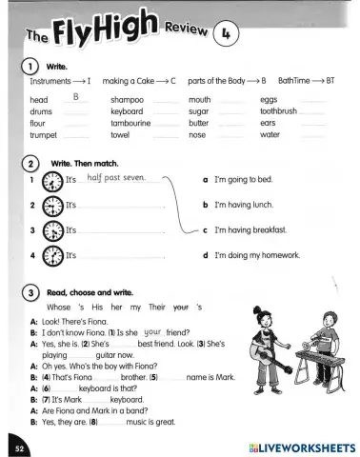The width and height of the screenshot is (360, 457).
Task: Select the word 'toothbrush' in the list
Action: coord(278,110)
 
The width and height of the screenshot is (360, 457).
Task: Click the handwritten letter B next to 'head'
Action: coord(75,97)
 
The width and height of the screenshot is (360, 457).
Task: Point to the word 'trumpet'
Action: coord(44,135)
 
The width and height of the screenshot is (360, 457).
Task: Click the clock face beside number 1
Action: coord(50,179)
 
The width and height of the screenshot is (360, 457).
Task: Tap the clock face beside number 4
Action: coord(50,255)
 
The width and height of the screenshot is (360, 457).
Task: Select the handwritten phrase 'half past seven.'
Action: coord(115,177)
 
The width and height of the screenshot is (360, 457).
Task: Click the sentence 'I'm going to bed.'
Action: coord(244,179)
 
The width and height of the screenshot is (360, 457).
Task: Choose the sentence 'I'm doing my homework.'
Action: coord(257,255)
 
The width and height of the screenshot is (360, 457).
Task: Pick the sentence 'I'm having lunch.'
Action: coord(245,204)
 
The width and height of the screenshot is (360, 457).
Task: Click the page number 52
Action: coord(18,445)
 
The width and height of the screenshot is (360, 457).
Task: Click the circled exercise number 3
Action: coord(31,292)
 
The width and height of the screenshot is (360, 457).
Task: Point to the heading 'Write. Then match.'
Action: coord(85,162)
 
